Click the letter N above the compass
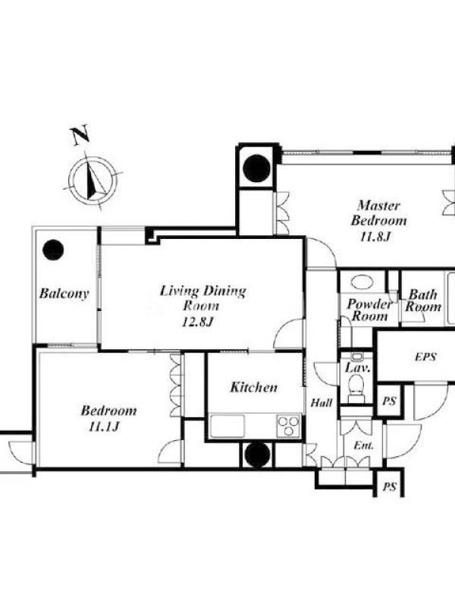click(80, 135)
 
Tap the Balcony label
click(64, 294)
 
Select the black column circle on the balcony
click(53, 250)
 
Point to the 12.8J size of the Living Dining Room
click(198, 322)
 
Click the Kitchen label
click(254, 387)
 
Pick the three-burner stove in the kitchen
click(289, 426)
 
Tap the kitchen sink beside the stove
click(227, 426)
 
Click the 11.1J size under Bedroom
click(104, 426)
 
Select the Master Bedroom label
click(378, 213)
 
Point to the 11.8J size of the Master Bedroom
click(375, 236)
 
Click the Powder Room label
click(370, 310)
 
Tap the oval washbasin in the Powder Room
click(362, 281)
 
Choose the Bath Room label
click(423, 300)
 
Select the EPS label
click(425, 357)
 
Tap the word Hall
click(322, 403)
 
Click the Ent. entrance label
click(364, 445)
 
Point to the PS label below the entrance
click(389, 486)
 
